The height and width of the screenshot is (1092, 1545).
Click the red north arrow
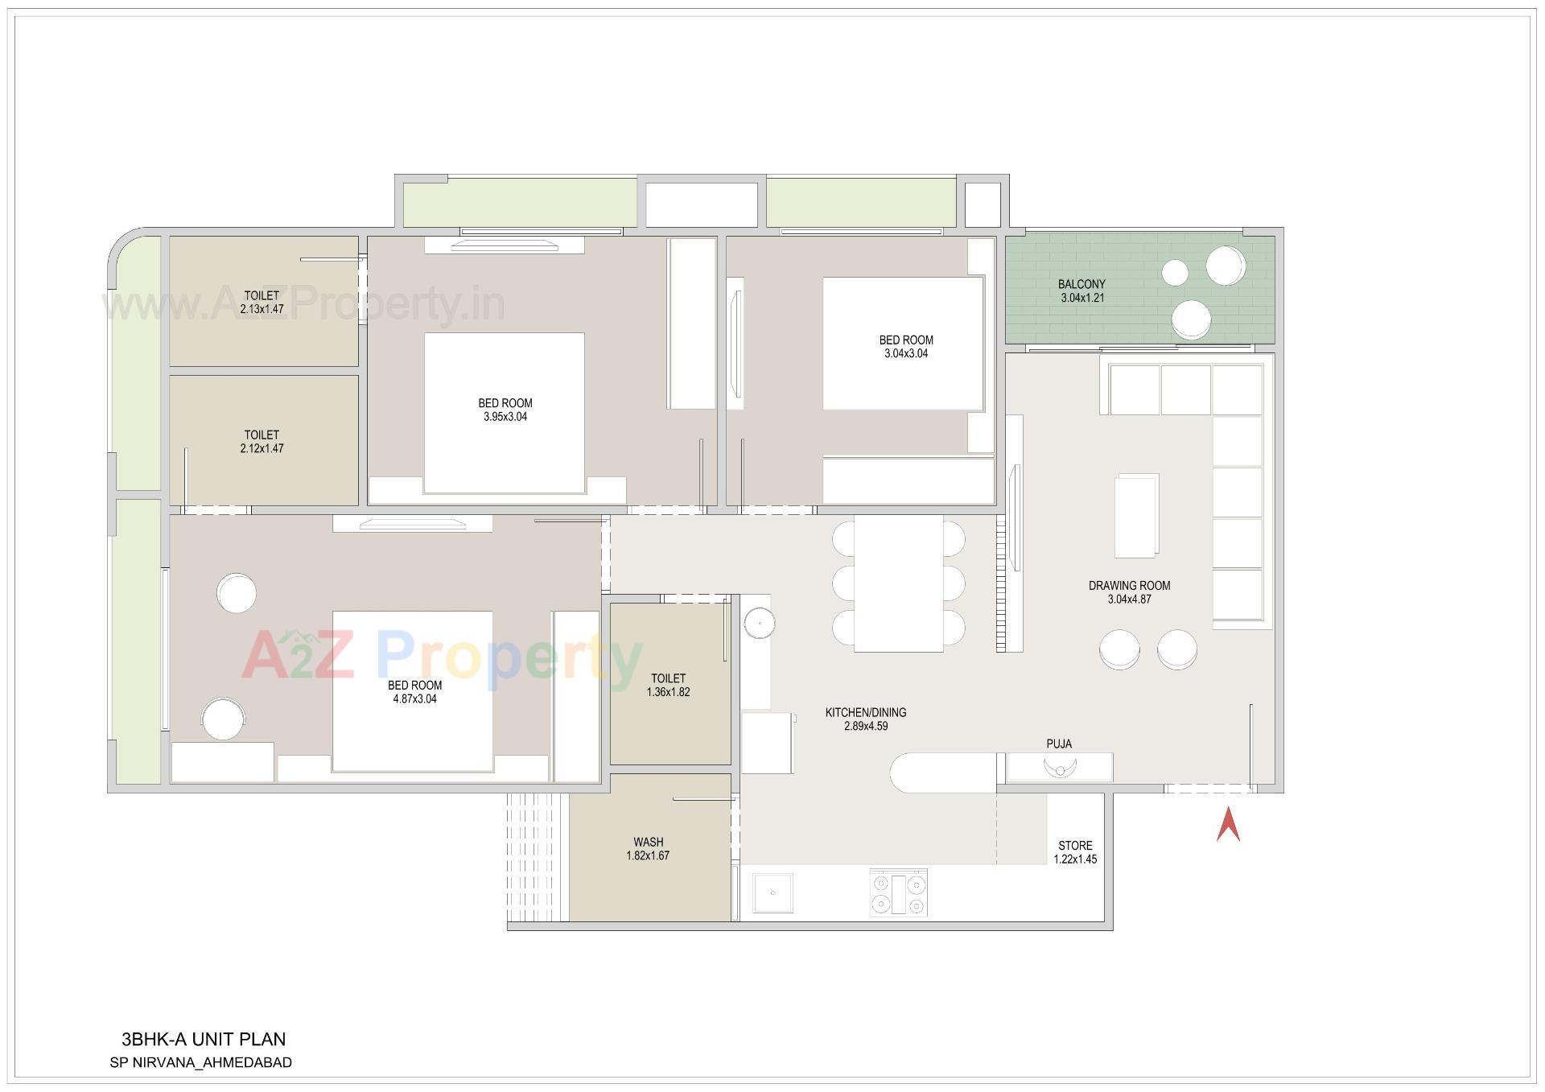pyautogui.click(x=1227, y=826)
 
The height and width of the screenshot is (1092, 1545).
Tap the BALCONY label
pyautogui.click(x=1081, y=284)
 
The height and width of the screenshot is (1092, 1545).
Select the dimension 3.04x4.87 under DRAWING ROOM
pyautogui.click(x=1129, y=600)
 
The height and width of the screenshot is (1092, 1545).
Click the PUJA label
pyautogui.click(x=1059, y=744)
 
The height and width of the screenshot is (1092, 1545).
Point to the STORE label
pyautogui.click(x=1075, y=846)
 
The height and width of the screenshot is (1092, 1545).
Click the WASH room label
pyautogui.click(x=648, y=843)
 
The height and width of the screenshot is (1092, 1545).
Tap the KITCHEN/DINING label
pyautogui.click(x=866, y=712)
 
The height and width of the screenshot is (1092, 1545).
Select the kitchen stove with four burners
pyautogui.click(x=899, y=892)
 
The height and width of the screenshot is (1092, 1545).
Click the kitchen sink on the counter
pyautogui.click(x=773, y=892)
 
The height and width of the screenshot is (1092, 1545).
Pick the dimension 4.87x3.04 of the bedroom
pyautogui.click(x=414, y=699)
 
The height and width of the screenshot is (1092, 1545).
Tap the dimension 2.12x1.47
pyautogui.click(x=262, y=449)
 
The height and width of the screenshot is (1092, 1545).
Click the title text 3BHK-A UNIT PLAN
pyautogui.click(x=204, y=1039)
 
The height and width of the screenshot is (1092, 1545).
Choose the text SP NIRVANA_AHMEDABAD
pyautogui.click(x=200, y=1062)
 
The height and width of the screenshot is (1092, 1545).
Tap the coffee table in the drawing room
pyautogui.click(x=1136, y=515)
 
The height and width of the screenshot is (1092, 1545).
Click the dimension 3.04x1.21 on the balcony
pyautogui.click(x=1082, y=298)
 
